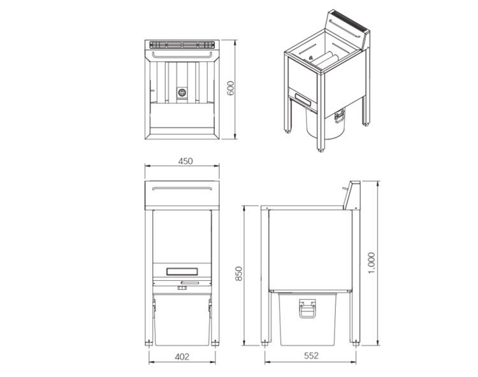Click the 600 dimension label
coord(231,89)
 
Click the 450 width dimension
coord(185,162)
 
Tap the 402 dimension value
coord(182,357)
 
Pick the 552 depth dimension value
coord(310,357)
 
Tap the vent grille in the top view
coord(182,45)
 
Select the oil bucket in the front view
coord(182,318)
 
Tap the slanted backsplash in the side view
coord(351,196)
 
